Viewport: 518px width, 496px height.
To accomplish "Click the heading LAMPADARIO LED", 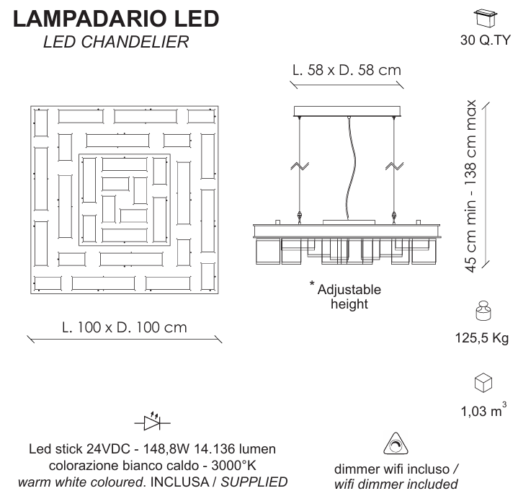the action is click(116, 19).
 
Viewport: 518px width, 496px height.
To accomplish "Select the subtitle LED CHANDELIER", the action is click(116, 42).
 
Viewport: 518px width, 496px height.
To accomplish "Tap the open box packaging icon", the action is click(485, 17).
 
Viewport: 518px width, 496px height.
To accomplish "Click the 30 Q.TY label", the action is click(485, 40).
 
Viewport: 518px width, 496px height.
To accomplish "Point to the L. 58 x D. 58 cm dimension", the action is click(347, 70).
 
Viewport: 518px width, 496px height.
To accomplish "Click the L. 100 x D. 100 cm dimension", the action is click(124, 327).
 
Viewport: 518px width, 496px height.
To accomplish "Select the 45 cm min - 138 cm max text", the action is click(470, 186).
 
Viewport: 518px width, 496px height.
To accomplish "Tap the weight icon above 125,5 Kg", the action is click(483, 311).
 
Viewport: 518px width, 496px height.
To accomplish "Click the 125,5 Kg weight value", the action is click(482, 338).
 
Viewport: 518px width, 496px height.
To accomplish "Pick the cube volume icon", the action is click(483, 383).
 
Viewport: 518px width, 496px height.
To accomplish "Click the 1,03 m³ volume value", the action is click(483, 410).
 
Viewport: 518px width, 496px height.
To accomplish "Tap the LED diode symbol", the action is click(152, 421).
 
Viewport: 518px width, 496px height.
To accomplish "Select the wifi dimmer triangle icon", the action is click(396, 443).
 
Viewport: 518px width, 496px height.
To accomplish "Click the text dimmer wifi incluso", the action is click(392, 469).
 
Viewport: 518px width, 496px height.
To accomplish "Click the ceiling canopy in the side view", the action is click(347, 111).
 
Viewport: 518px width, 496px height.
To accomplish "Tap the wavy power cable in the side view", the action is click(349, 169).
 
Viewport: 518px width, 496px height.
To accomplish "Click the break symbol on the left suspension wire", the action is click(300, 165).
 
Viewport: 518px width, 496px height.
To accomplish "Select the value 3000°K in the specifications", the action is click(233, 465).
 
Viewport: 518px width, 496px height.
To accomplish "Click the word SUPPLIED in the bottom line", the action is click(254, 482).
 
